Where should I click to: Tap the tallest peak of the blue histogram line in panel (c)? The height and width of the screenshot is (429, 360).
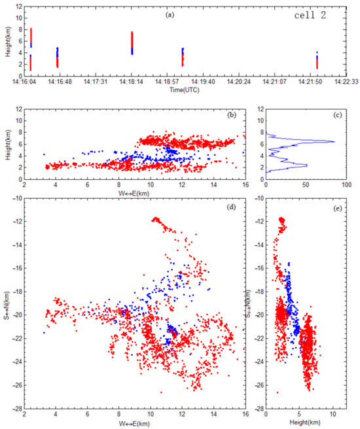[x=334, y=141]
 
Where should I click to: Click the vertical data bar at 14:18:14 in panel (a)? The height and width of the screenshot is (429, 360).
[x=132, y=43]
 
